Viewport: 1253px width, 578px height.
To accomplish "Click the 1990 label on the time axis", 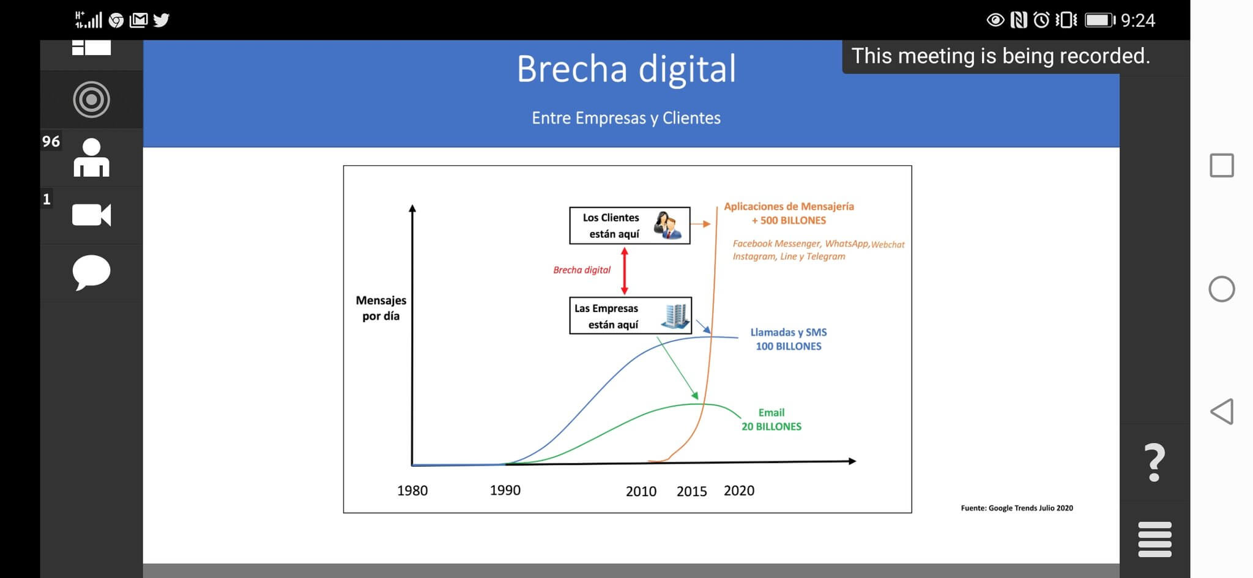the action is pyautogui.click(x=505, y=490).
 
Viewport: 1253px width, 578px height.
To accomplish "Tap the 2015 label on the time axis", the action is pyautogui.click(x=691, y=491).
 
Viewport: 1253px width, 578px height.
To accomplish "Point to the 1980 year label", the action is pyautogui.click(x=412, y=491).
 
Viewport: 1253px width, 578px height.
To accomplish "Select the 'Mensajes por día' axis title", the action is pyautogui.click(x=381, y=308).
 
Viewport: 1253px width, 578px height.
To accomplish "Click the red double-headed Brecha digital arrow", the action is pyautogui.click(x=624, y=271).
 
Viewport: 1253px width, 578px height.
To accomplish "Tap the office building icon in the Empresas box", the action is pyautogui.click(x=675, y=316).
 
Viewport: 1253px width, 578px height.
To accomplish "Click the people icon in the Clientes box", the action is pyautogui.click(x=667, y=225).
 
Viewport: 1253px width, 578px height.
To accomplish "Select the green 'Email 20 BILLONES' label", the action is pyautogui.click(x=772, y=420).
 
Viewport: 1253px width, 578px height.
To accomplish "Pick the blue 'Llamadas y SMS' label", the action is pyautogui.click(x=789, y=332).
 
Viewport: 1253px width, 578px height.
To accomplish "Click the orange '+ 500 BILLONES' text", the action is pyautogui.click(x=789, y=220).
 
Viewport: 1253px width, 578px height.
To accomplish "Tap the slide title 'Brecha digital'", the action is pyautogui.click(x=626, y=69).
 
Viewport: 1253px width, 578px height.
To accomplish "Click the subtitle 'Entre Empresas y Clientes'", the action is pyautogui.click(x=626, y=118).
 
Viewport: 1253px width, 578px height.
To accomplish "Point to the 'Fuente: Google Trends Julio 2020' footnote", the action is pyautogui.click(x=1017, y=508).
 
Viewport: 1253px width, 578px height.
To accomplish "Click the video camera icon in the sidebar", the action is pyautogui.click(x=91, y=215).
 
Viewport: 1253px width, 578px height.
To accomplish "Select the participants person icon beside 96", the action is pyautogui.click(x=91, y=158).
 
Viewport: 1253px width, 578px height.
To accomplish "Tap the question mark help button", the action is pyautogui.click(x=1154, y=462).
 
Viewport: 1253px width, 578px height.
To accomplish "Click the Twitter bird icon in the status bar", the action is pyautogui.click(x=161, y=20).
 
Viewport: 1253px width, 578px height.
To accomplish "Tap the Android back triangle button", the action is pyautogui.click(x=1221, y=412).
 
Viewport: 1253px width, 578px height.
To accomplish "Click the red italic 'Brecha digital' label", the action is pyautogui.click(x=582, y=270).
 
